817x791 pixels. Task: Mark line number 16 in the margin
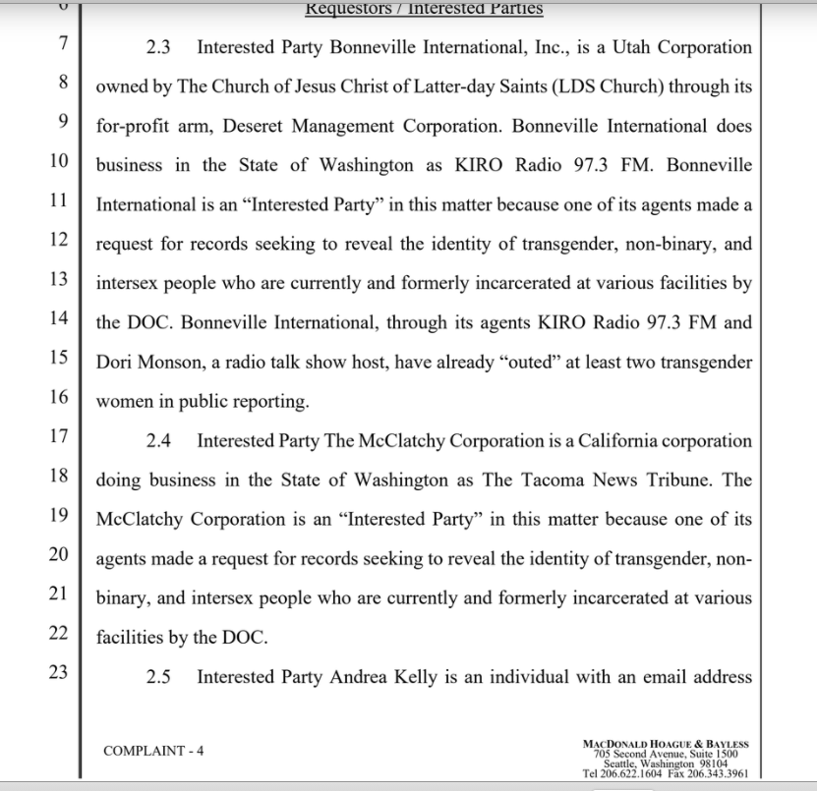click(57, 397)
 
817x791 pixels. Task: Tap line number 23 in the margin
click(57, 673)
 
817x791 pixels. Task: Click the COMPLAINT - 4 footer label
click(153, 751)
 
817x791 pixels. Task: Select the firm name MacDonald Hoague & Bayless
click(665, 744)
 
